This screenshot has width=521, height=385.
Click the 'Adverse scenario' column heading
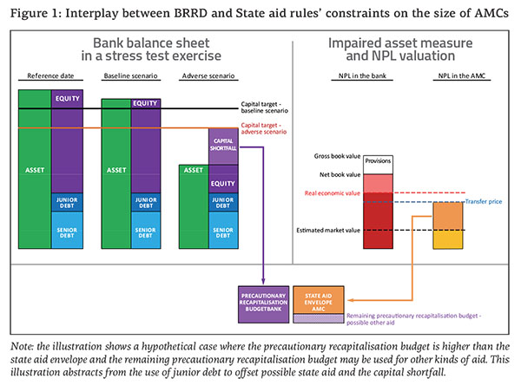point(205,76)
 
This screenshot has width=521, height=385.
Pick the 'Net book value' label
point(340,174)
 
